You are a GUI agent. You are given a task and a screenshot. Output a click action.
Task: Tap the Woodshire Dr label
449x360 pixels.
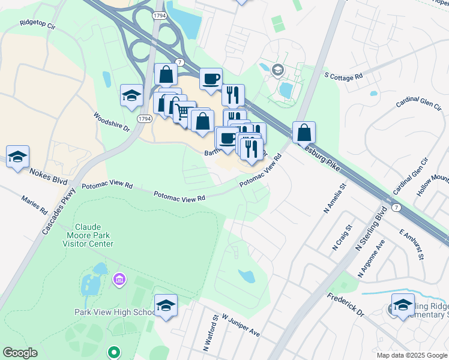(x=112, y=121)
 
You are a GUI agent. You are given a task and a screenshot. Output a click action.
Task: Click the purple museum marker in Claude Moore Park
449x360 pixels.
(x=119, y=279)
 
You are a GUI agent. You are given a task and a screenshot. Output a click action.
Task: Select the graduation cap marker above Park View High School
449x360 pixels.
(x=166, y=305)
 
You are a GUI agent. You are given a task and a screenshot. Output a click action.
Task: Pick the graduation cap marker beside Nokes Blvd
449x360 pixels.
(x=18, y=157)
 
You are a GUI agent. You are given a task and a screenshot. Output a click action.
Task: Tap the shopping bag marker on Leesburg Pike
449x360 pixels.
(x=304, y=132)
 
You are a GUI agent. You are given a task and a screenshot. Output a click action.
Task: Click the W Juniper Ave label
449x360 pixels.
(x=240, y=324)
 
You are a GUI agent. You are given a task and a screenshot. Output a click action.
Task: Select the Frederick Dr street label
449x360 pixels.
(x=345, y=305)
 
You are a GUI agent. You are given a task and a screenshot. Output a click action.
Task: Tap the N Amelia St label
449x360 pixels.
(x=336, y=198)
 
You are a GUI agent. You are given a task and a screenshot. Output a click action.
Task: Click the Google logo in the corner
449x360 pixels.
(x=20, y=353)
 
